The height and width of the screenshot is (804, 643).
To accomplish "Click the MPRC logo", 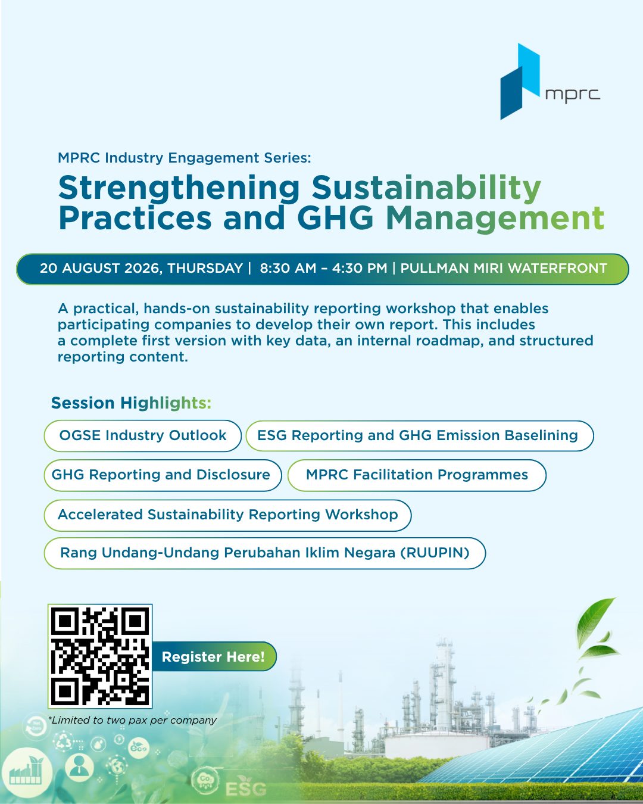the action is click(550, 82).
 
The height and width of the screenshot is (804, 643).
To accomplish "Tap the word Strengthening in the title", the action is click(179, 188).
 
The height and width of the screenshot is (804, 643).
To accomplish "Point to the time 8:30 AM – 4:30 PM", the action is click(323, 269).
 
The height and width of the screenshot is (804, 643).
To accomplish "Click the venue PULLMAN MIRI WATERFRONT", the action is click(504, 269).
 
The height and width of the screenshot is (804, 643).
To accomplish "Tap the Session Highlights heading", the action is click(131, 403).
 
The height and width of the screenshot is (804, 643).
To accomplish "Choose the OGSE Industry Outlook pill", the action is click(143, 435).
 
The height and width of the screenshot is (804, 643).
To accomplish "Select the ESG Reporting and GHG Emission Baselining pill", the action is click(420, 435).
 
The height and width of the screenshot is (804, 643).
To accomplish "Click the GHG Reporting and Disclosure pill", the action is click(163, 475).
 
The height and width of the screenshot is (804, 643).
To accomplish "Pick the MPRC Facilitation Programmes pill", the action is click(417, 475).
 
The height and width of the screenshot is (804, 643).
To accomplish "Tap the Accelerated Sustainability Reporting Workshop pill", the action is click(227, 515).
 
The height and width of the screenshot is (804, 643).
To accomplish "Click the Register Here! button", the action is click(213, 656).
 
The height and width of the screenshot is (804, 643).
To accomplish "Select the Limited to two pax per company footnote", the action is click(133, 720).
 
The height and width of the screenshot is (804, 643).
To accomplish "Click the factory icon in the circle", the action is click(26, 770).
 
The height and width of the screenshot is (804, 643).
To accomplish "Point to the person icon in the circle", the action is click(79, 766).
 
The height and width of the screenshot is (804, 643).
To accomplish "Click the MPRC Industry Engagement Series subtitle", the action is click(184, 158).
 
